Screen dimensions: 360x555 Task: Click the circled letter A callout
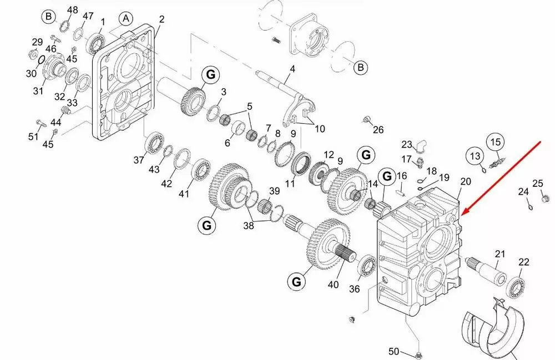click(126, 18)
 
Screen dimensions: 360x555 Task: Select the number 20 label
click(465, 181)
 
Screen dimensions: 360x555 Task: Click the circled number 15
click(495, 141)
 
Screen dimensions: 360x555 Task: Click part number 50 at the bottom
click(393, 351)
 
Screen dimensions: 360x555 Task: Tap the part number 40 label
click(333, 285)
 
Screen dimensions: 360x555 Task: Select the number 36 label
click(355, 289)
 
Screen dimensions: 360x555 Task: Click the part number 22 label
click(524, 262)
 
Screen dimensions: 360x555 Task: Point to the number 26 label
click(378, 130)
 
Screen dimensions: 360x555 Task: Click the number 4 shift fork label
click(292, 69)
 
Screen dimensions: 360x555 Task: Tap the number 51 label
click(34, 137)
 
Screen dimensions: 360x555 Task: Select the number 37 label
click(138, 160)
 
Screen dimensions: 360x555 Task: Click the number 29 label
click(37, 42)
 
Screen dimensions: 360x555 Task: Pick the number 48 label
click(73, 10)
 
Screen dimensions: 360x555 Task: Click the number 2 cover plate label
click(162, 19)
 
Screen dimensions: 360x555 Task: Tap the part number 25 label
click(538, 184)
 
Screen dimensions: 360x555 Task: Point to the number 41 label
click(184, 194)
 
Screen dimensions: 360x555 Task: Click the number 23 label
click(407, 145)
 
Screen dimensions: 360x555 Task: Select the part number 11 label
click(290, 184)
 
